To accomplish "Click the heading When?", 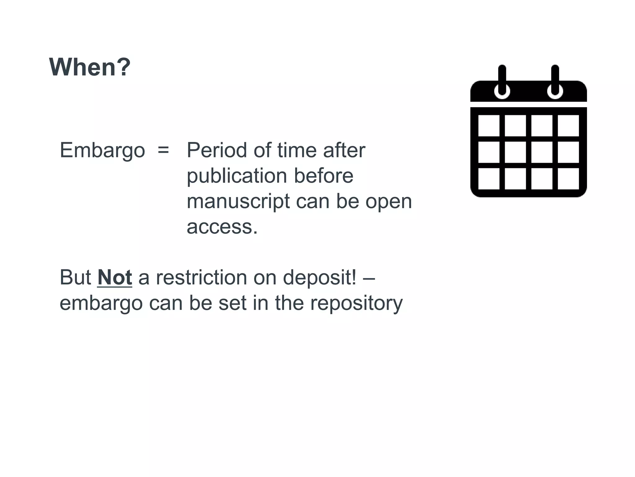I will click(90, 67).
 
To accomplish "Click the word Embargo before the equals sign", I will click(102, 151).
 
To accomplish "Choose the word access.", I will click(222, 227).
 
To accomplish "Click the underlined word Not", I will click(115, 277).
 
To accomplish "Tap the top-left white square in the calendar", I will click(489, 126).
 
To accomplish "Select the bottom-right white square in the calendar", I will click(568, 179).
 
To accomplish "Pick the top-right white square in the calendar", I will click(568, 126).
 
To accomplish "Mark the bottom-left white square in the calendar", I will click(489, 179).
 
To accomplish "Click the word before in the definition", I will click(323, 176).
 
